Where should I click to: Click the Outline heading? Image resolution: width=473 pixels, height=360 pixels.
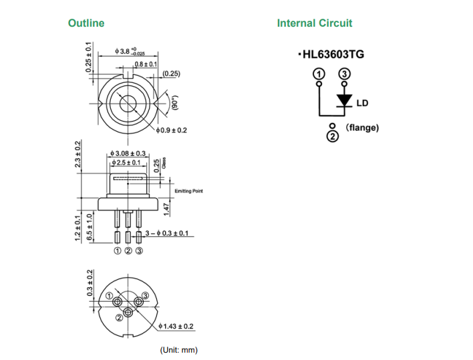click(86, 23)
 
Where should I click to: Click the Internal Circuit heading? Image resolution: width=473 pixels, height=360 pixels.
click(314, 23)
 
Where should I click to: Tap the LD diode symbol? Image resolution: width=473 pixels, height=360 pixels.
click(345, 100)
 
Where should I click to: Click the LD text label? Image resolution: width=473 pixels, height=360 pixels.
click(363, 103)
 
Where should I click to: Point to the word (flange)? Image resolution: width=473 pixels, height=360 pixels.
click(363, 128)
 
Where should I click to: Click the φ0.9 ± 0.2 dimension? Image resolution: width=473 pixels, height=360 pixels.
click(170, 131)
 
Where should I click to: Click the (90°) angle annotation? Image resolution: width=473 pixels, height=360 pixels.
click(176, 102)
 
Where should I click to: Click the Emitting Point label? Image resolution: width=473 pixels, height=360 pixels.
click(188, 192)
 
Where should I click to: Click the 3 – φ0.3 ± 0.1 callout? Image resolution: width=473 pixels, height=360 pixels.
click(168, 234)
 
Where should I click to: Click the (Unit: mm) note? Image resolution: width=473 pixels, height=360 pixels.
click(178, 350)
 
